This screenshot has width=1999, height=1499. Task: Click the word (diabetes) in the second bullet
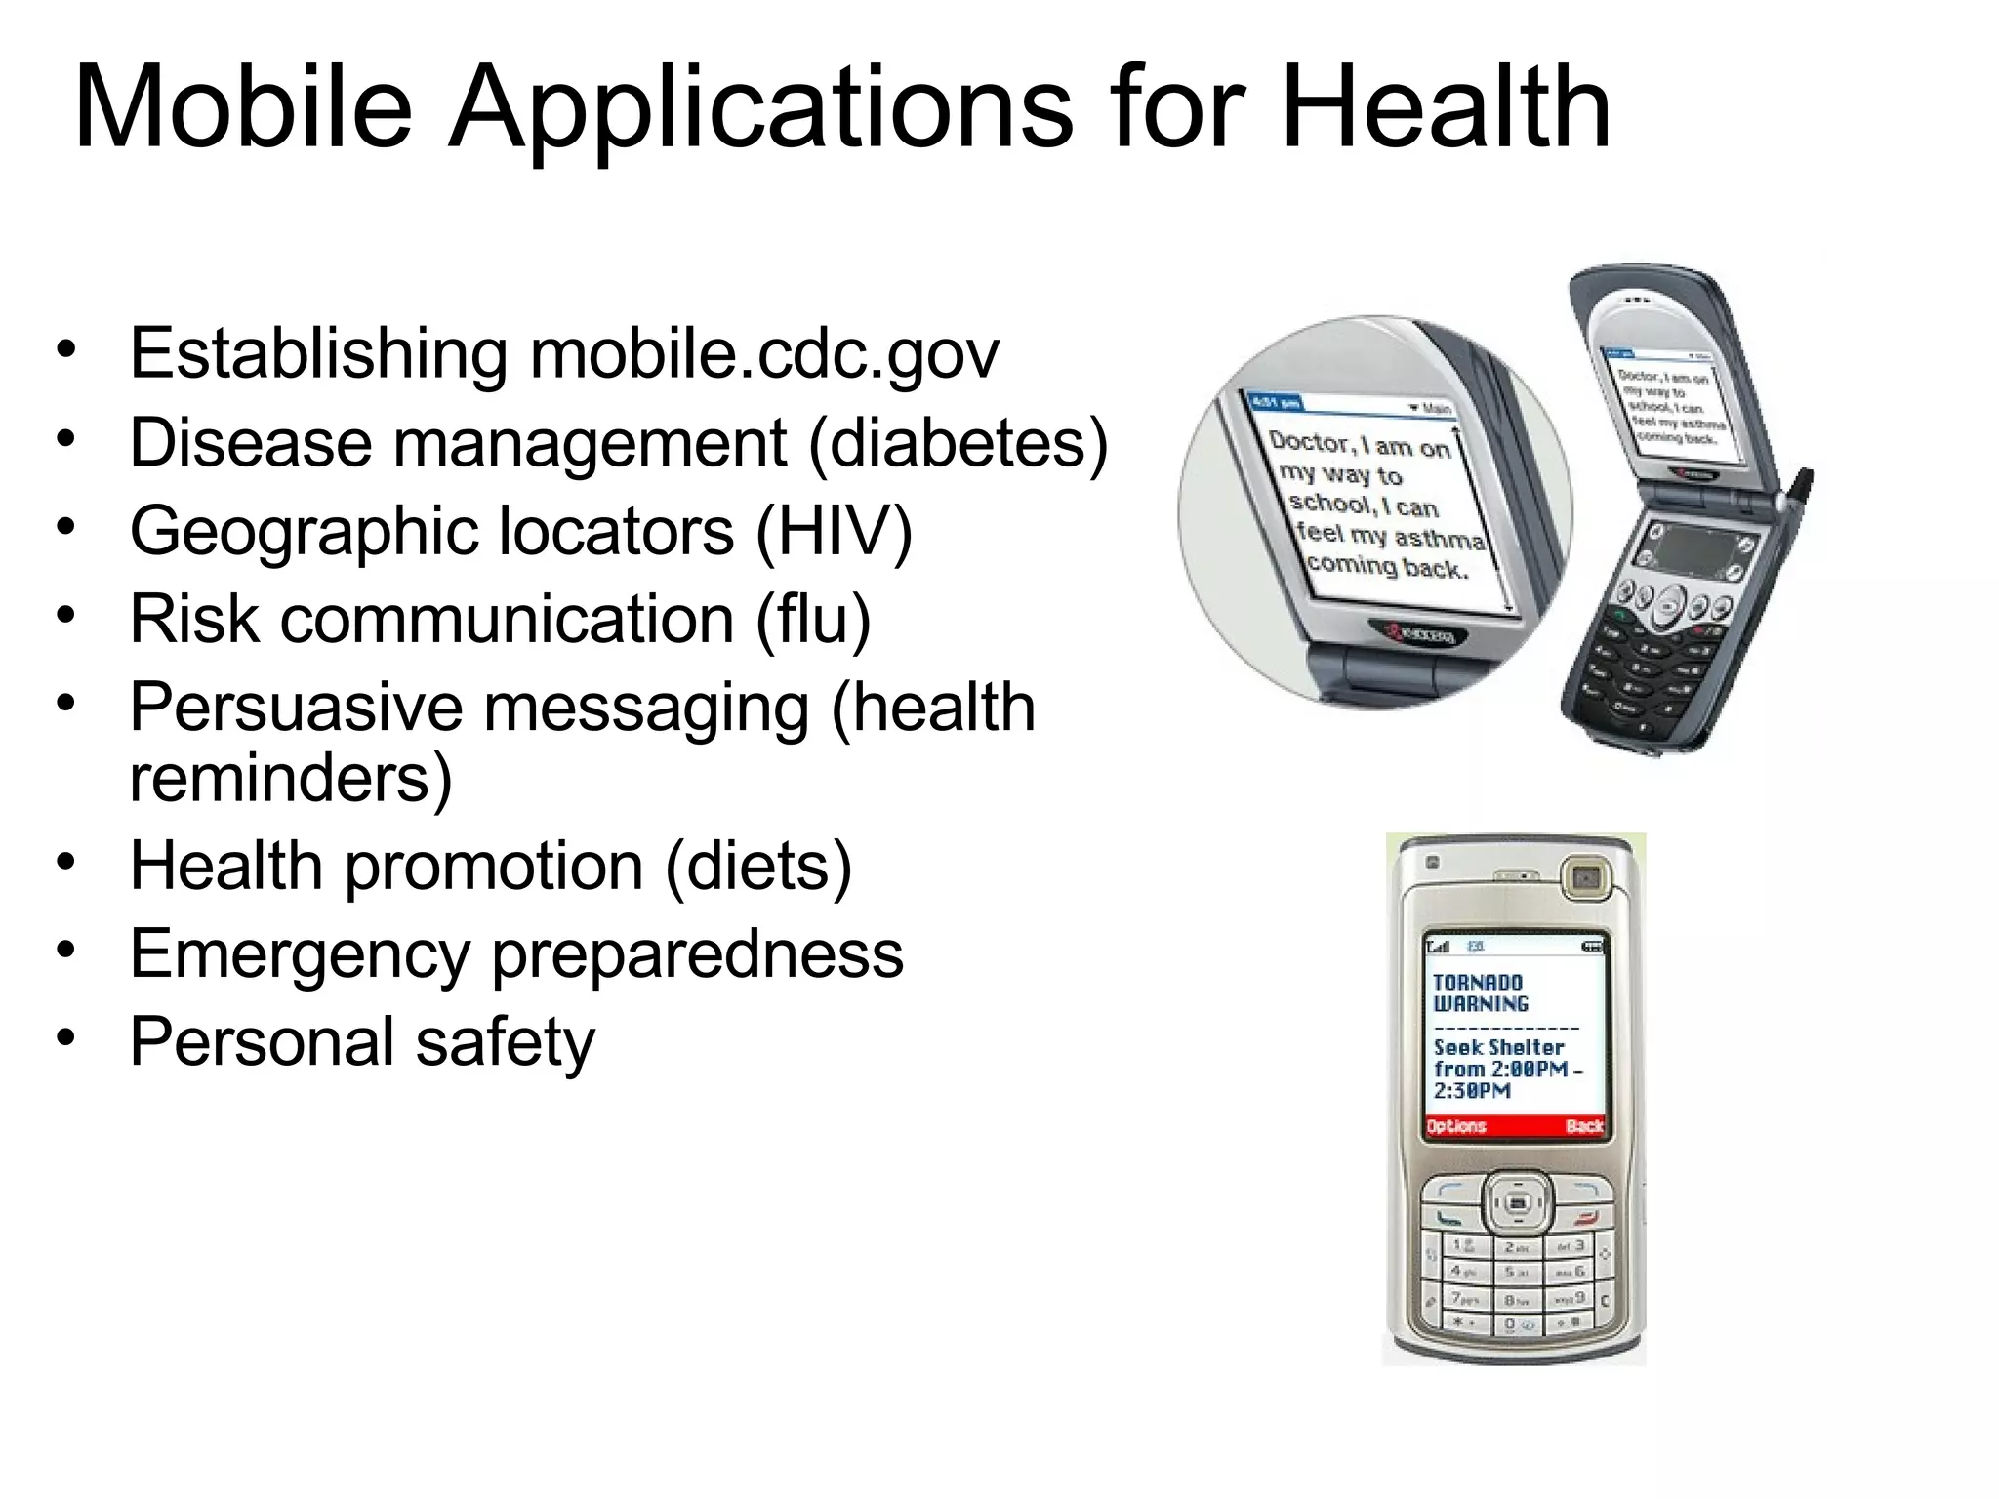click(x=959, y=443)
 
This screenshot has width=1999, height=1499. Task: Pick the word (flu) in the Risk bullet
click(x=812, y=620)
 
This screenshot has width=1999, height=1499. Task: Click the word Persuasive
click(x=296, y=708)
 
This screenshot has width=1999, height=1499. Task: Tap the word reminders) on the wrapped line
click(x=291, y=778)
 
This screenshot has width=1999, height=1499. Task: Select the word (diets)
click(x=758, y=866)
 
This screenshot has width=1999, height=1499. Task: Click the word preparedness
click(x=697, y=953)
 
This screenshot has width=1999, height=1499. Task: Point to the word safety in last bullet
click(x=505, y=1042)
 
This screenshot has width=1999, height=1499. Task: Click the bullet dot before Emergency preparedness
click(x=65, y=949)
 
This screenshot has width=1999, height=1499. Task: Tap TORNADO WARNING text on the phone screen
click(x=1479, y=993)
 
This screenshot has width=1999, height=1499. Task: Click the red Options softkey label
click(x=1455, y=1126)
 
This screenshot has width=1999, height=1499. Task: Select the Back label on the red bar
click(x=1583, y=1126)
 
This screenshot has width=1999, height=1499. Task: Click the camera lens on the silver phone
click(x=1586, y=879)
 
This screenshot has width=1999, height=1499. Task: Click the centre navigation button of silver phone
click(x=1517, y=1203)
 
